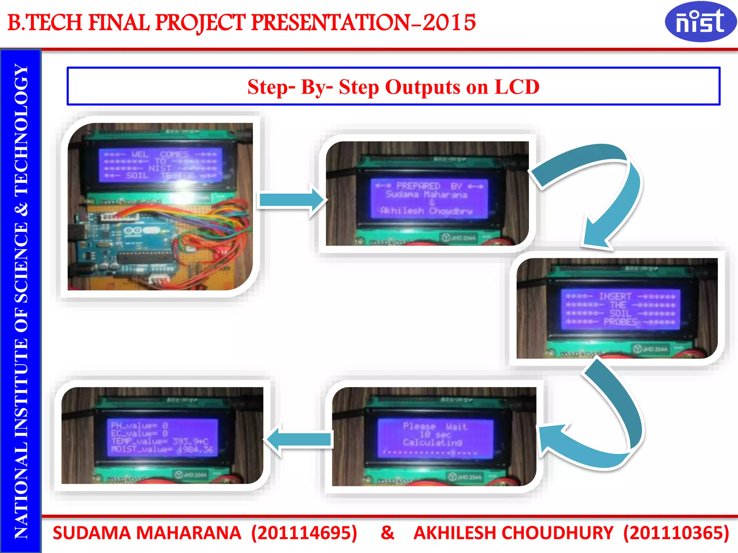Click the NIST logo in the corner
pyautogui.click(x=700, y=22)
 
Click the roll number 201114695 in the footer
pyautogui.click(x=304, y=533)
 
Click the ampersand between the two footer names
pyautogui.click(x=387, y=533)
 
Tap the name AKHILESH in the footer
pyautogui.click(x=454, y=533)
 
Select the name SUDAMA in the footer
pyautogui.click(x=92, y=533)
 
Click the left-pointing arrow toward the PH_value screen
pyautogui.click(x=299, y=439)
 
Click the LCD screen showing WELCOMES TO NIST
pyautogui.click(x=160, y=165)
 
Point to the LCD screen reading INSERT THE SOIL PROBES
pyautogui.click(x=620, y=309)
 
